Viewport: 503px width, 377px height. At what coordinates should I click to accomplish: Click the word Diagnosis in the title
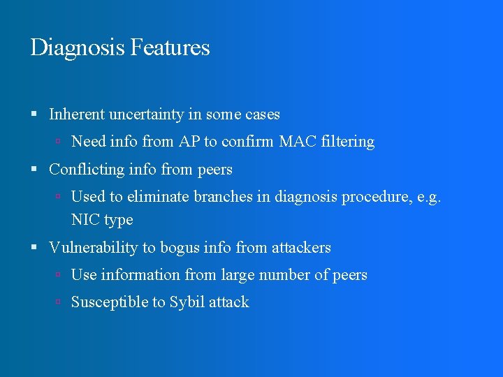(x=78, y=48)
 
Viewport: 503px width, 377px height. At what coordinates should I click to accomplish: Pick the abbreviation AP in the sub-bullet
(x=189, y=142)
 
